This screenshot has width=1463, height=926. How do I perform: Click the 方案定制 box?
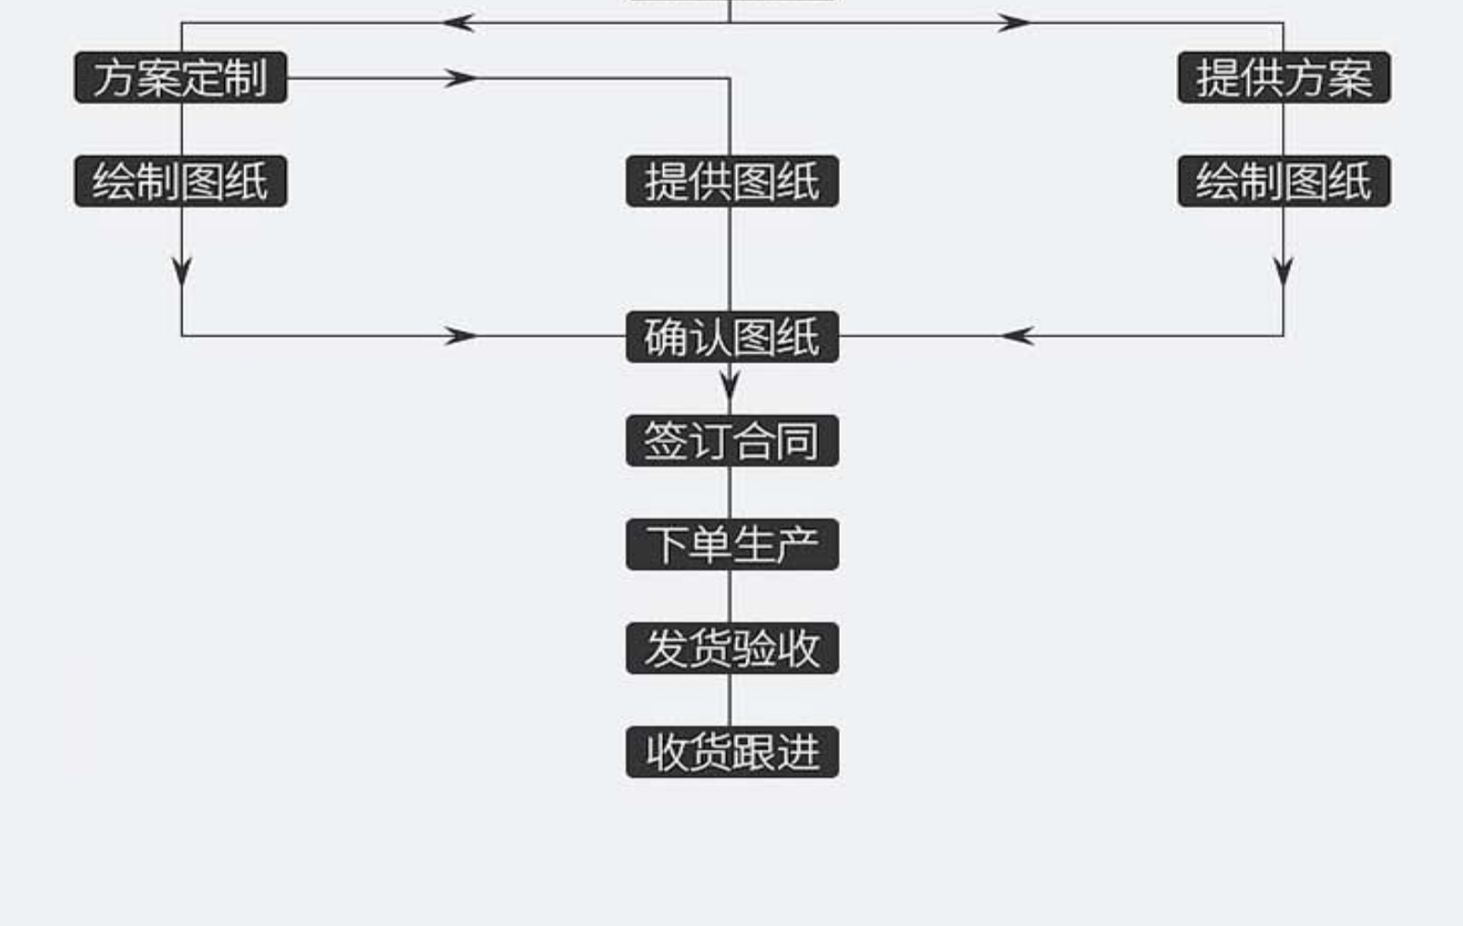[x=181, y=78]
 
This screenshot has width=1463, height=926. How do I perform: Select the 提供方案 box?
[x=1283, y=78]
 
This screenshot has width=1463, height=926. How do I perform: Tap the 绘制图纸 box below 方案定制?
[x=181, y=181]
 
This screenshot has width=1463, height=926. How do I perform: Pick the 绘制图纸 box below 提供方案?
[x=1283, y=181]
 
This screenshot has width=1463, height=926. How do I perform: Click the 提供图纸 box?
[x=731, y=181]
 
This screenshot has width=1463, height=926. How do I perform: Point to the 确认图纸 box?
[x=731, y=337]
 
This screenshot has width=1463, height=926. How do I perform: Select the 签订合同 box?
[x=731, y=441]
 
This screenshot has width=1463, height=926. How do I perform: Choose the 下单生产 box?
[x=731, y=544]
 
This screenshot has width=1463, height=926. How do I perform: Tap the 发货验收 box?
[x=731, y=648]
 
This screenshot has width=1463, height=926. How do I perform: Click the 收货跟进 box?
[x=731, y=752]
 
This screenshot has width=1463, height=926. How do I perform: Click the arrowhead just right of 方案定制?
[x=460, y=78]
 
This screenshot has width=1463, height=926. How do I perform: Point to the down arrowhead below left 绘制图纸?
[x=181, y=272]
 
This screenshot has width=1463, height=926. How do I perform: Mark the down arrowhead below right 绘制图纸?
[x=1283, y=272]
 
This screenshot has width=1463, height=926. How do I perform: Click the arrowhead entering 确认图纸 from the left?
[x=460, y=336]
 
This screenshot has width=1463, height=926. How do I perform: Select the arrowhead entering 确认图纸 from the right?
[x=1017, y=336]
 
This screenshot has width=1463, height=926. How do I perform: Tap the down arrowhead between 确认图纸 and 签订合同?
[x=730, y=383]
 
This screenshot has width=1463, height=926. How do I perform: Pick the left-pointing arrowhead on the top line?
[x=458, y=23]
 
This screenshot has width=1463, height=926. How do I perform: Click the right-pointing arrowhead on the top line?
[x=1014, y=23]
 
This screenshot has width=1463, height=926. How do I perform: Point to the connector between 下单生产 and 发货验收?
[x=730, y=596]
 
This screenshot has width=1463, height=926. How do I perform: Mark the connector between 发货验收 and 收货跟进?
[x=730, y=700]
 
